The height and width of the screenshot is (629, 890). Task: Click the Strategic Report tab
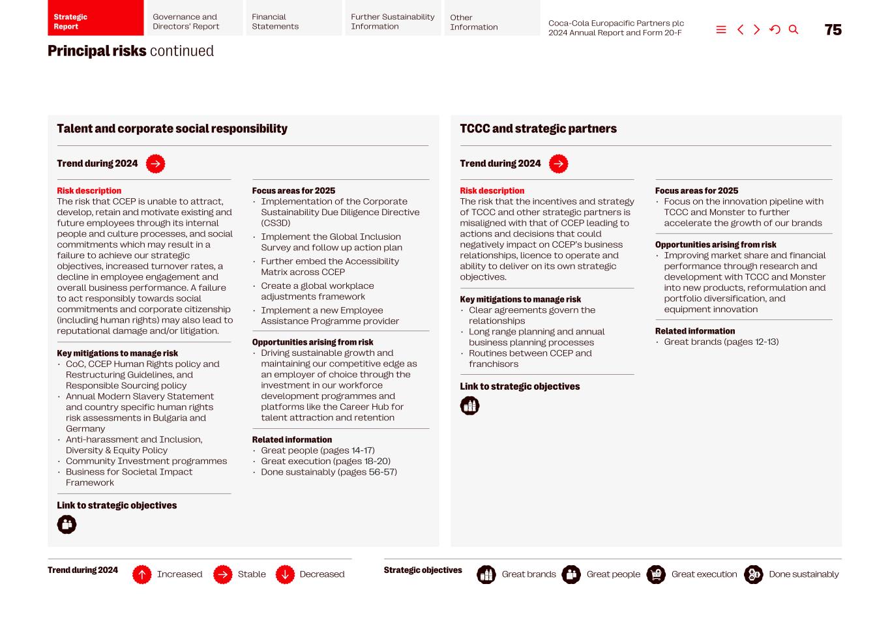95,18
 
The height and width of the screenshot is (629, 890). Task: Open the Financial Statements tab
292,18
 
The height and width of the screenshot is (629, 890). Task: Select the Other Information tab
492,18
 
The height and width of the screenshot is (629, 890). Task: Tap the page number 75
833,30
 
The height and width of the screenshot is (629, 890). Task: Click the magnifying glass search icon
794,30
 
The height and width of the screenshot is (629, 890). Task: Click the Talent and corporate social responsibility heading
172,128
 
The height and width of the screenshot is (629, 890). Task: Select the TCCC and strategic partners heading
538,128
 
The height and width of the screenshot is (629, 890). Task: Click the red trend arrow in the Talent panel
155,164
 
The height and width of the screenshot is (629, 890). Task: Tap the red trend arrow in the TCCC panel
558,164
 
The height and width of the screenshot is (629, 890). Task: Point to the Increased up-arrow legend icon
142,574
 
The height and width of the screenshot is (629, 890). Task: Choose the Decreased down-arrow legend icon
285,574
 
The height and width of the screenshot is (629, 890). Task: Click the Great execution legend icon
656,574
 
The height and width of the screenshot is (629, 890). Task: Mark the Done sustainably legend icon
753,574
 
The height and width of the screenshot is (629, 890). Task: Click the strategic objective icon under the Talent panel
67,525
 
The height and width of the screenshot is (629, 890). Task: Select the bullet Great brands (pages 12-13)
721,342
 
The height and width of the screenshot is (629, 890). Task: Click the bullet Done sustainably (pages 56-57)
329,472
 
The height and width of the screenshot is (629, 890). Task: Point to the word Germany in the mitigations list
85,429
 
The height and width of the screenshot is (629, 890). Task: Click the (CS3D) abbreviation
276,223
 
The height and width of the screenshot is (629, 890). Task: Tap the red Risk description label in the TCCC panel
492,191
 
